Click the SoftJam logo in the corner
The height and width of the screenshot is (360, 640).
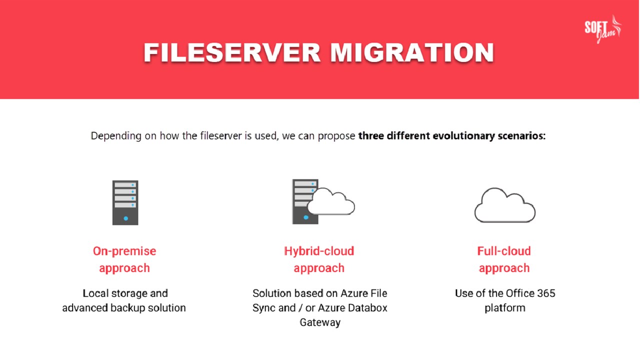coord(603,29)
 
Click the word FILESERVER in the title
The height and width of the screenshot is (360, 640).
coord(232,52)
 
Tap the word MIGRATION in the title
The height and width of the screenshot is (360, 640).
coord(412,52)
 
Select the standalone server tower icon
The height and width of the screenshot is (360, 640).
coord(125,202)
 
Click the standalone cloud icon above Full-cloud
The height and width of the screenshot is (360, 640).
coord(505,205)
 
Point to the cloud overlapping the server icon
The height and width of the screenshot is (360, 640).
coord(331,201)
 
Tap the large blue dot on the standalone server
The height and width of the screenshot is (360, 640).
coord(125,218)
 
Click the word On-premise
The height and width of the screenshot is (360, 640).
coord(124,251)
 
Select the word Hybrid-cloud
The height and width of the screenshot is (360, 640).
coord(319,251)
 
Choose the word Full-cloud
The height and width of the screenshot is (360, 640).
coord(504,251)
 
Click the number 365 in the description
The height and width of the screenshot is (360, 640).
coord(545,293)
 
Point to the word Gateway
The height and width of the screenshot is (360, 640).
coord(320,322)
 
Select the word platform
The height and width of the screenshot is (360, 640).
coord(505,308)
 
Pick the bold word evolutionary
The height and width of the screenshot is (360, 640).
coord(463,135)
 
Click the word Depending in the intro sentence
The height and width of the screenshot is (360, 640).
coord(116,135)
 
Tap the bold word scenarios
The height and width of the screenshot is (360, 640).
coord(521,135)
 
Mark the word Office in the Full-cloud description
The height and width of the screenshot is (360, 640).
coord(519,293)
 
